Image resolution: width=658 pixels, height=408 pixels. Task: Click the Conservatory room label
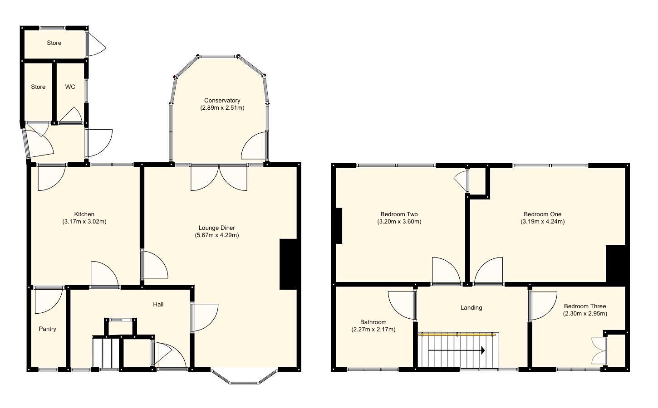[x=222, y=101]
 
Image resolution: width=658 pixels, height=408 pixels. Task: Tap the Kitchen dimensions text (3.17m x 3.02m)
[x=84, y=222]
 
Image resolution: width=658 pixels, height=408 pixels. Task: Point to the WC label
[x=70, y=87]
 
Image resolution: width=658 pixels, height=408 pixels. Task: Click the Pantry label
[x=47, y=329]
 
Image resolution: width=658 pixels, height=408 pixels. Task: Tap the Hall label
[x=158, y=305]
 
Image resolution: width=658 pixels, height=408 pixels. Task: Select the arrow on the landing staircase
[x=457, y=350]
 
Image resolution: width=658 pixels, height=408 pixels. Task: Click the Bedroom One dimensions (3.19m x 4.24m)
[x=542, y=222]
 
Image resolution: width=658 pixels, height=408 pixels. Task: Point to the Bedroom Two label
[x=399, y=214]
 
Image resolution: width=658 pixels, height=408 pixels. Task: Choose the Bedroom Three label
[x=585, y=306]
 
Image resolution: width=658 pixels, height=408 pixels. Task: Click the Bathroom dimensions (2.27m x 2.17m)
[x=373, y=330]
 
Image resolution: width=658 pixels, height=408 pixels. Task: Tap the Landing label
[x=471, y=308]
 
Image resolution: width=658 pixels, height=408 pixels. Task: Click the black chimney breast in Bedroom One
[x=616, y=265]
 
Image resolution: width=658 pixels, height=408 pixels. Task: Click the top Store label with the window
[x=54, y=43]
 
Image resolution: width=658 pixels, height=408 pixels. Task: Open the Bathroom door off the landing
[x=403, y=305]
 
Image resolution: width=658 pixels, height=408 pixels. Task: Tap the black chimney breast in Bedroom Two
[x=339, y=226]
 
